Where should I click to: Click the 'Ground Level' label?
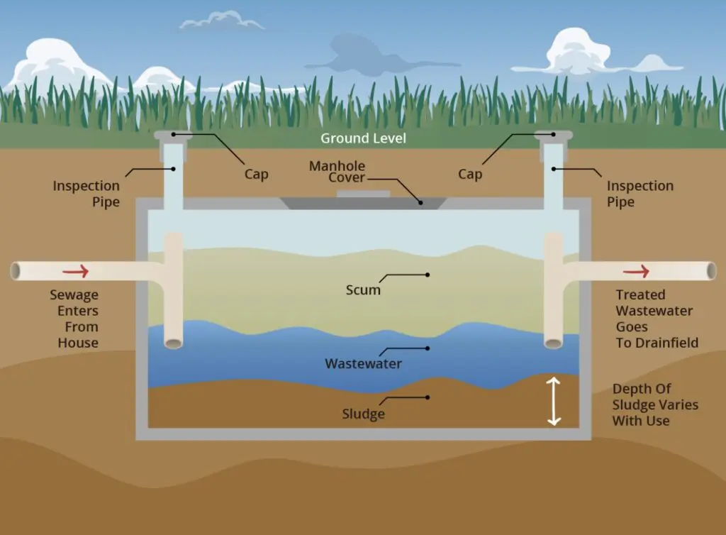(364, 138)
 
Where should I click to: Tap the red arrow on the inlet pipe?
(75, 271)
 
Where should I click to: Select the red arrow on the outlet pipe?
(636, 271)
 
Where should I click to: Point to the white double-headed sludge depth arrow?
(554, 401)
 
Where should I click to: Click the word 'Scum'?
(363, 290)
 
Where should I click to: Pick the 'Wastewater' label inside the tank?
(364, 363)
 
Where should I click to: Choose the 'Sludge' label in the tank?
(364, 414)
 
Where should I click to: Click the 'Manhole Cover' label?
(337, 172)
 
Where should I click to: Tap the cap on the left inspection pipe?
(173, 135)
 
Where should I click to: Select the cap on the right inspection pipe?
(553, 135)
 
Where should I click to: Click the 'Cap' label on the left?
(257, 174)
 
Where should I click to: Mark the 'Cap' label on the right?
(470, 174)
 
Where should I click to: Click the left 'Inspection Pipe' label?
(86, 194)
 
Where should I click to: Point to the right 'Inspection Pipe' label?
(640, 194)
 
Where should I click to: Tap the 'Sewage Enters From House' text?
(74, 319)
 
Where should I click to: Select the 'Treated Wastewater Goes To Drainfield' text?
(657, 319)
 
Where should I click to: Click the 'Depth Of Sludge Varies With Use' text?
(655, 405)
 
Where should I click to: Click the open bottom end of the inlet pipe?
(174, 343)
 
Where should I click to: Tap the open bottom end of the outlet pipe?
(553, 343)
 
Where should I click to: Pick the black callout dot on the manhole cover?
(421, 202)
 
